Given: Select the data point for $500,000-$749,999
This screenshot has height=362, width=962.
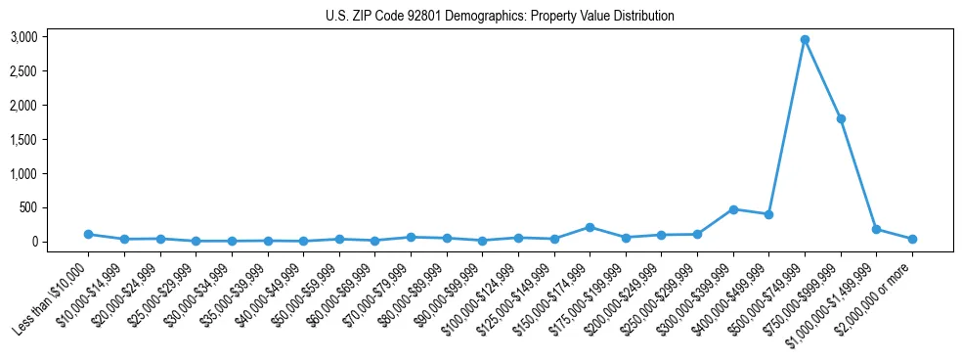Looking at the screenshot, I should click(805, 40).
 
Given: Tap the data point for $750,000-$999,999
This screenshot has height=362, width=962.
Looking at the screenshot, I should click(841, 118).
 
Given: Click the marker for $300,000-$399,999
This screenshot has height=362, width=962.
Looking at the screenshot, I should click(733, 209).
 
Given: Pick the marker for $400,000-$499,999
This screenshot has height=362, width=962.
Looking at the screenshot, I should click(768, 214).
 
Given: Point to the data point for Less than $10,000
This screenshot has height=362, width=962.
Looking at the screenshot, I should click(88, 235).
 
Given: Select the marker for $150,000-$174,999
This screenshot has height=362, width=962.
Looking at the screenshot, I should click(590, 227).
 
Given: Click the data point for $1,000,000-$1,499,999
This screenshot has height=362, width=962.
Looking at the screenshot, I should click(876, 229).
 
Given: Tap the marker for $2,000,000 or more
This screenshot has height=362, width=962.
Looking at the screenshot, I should click(912, 239).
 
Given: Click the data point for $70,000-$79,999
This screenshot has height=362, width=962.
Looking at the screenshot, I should click(411, 237).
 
